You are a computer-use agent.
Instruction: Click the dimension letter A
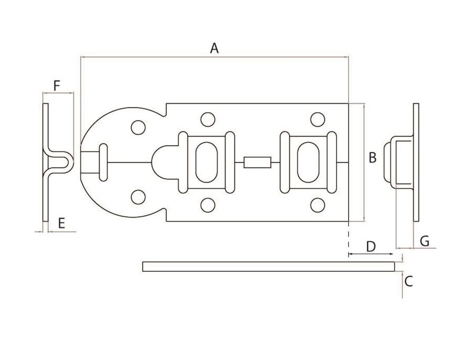(214, 48)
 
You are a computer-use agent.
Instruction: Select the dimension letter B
(373, 158)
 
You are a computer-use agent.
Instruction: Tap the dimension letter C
(409, 281)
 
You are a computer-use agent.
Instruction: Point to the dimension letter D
(371, 247)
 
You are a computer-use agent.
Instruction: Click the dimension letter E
(61, 224)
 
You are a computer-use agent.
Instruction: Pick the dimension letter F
(57, 85)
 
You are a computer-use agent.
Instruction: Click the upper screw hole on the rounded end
(138, 127)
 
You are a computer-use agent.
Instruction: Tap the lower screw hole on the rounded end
(138, 197)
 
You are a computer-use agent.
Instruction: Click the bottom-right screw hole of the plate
(318, 205)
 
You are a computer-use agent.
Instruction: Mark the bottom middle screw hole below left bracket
(207, 205)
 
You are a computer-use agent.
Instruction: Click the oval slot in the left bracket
(207, 162)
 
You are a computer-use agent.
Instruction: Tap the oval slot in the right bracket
(308, 162)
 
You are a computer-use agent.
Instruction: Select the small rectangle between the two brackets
(257, 162)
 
